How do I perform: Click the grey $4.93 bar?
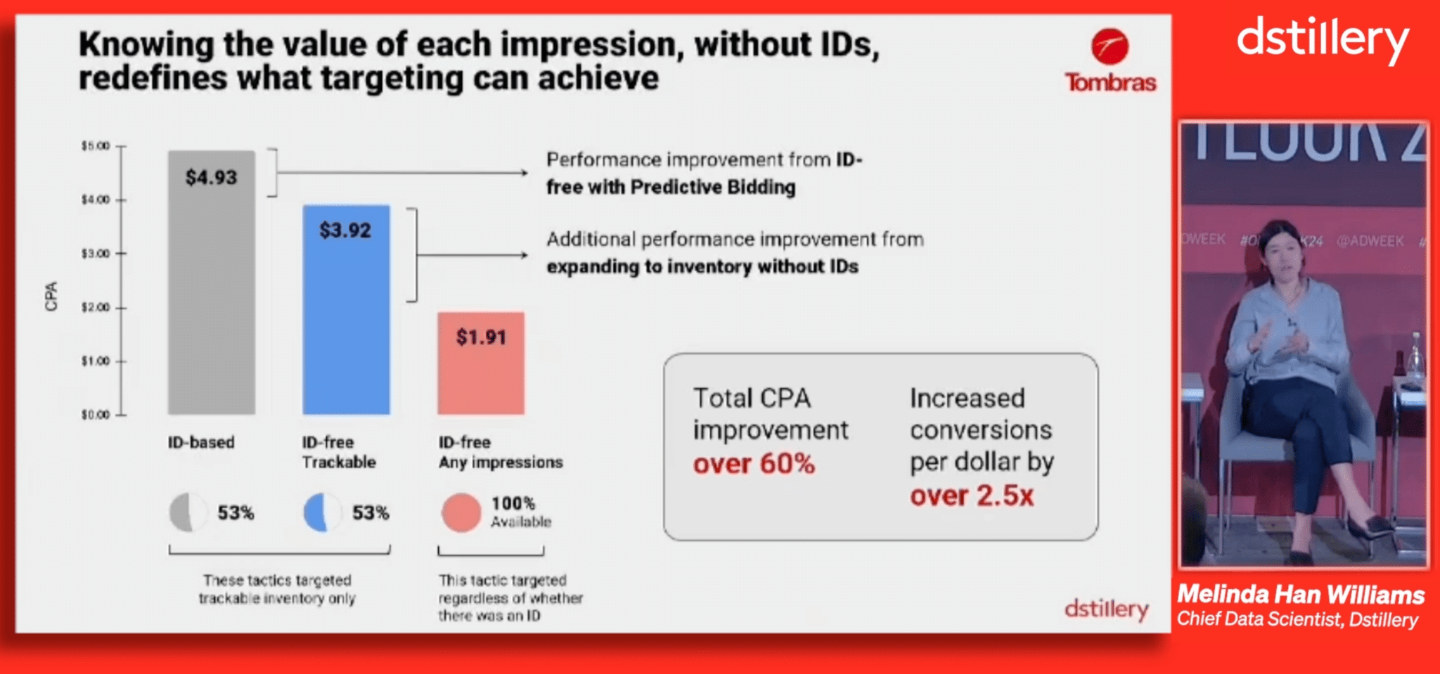211,282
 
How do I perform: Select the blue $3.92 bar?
346,309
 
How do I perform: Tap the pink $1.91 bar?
481,363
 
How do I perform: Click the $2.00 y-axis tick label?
96,307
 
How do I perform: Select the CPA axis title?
51,296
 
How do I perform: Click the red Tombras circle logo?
1110,46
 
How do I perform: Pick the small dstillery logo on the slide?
1107,609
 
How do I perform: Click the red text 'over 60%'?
754,464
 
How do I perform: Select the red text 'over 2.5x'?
972,495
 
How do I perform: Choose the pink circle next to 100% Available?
461,512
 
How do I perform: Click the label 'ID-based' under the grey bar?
201,442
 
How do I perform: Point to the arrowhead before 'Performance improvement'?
523,173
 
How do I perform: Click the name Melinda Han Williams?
1301,595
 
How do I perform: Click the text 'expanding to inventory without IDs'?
702,267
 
